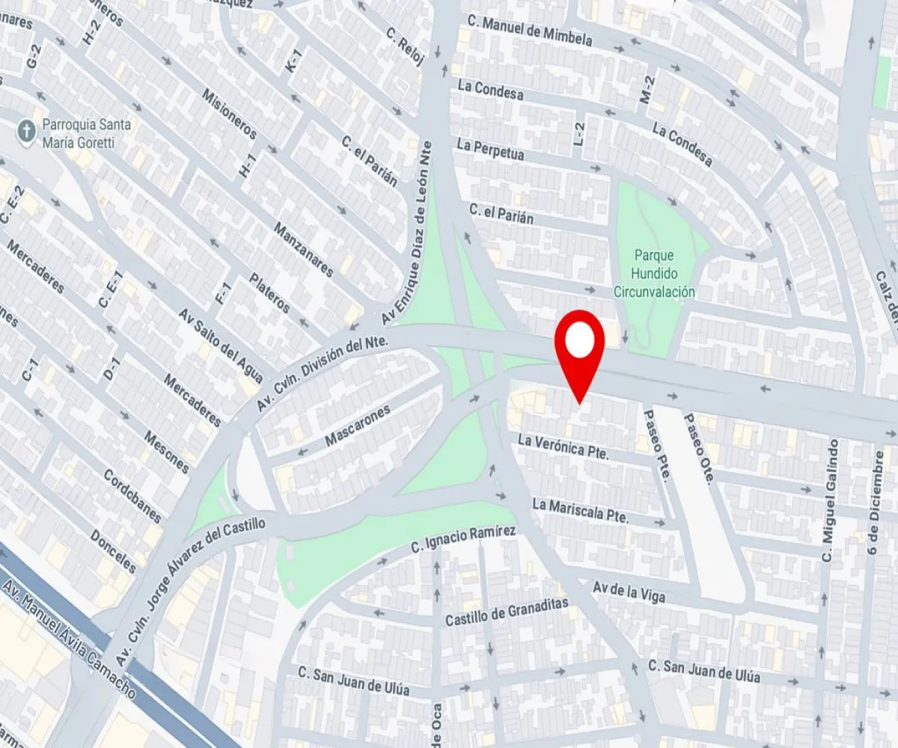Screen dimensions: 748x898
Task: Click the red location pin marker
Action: pyautogui.click(x=579, y=344)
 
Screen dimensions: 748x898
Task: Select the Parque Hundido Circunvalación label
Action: pyautogui.click(x=654, y=272)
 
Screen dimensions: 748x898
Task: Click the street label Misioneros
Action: pyautogui.click(x=230, y=113)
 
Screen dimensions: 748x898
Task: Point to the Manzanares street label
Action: pyautogui.click(x=302, y=250)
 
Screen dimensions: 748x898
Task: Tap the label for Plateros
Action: pyautogui.click(x=269, y=294)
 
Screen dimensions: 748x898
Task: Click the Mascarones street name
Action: pyautogui.click(x=358, y=427)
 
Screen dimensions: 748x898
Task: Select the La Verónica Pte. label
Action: pyautogui.click(x=563, y=447)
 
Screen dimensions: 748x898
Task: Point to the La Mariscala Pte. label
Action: pyautogui.click(x=579, y=511)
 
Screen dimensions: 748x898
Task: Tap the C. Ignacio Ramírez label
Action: pyautogui.click(x=463, y=541)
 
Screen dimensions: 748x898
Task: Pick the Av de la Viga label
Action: pyautogui.click(x=628, y=592)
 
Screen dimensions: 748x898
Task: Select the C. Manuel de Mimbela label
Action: pyautogui.click(x=528, y=31)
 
